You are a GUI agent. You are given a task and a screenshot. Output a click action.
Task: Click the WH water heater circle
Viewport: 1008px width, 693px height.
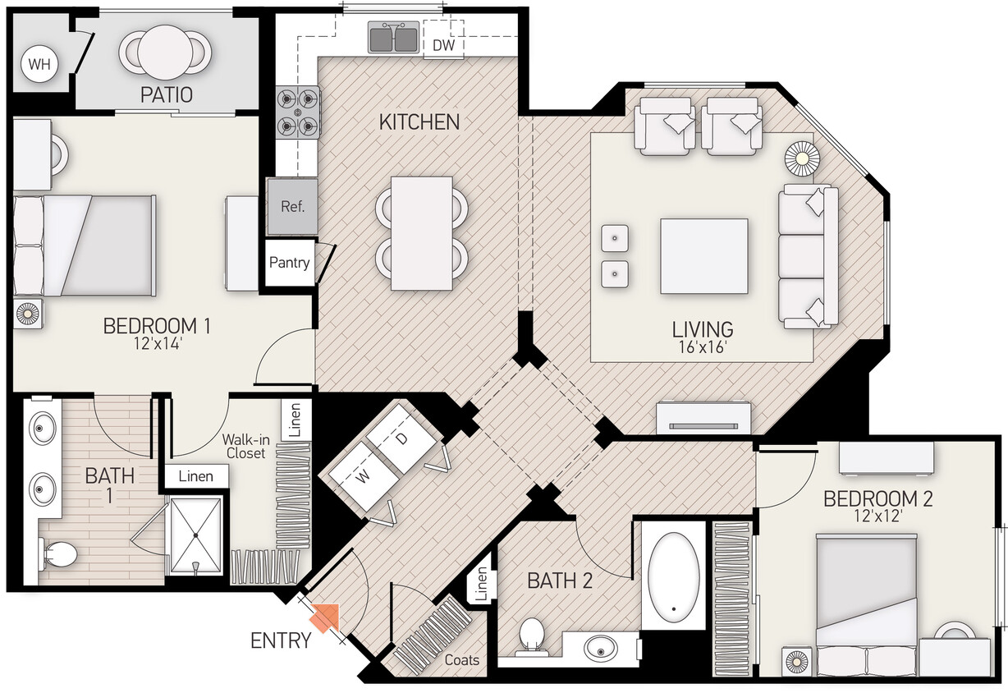click(39, 64)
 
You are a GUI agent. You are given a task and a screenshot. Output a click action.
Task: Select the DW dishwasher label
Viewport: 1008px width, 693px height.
click(444, 45)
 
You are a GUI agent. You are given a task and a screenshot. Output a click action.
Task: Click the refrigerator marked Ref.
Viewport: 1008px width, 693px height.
click(292, 206)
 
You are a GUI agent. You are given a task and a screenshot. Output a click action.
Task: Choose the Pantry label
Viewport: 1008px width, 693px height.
click(290, 263)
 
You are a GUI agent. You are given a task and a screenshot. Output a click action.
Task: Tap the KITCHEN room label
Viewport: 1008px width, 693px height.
click(419, 122)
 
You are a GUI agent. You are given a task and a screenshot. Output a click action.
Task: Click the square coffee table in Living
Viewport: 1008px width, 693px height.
click(703, 256)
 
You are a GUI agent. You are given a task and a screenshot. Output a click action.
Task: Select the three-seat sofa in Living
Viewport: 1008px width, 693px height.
click(808, 255)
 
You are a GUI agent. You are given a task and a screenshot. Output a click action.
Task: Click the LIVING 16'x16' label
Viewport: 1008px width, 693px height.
click(703, 337)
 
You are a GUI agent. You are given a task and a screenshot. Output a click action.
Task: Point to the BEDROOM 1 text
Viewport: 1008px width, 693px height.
click(157, 326)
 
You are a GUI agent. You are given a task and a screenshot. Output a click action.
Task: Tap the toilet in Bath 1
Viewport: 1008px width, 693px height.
click(57, 556)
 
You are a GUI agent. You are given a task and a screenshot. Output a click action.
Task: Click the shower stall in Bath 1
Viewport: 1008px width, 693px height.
click(195, 536)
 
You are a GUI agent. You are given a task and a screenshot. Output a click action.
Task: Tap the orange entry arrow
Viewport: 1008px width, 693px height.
click(325, 618)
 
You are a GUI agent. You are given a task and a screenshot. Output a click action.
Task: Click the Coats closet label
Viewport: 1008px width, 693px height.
click(462, 659)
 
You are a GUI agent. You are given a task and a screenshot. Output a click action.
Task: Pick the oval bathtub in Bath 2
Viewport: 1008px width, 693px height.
click(674, 574)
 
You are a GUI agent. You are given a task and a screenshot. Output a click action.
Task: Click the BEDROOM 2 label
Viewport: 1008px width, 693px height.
click(877, 498)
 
